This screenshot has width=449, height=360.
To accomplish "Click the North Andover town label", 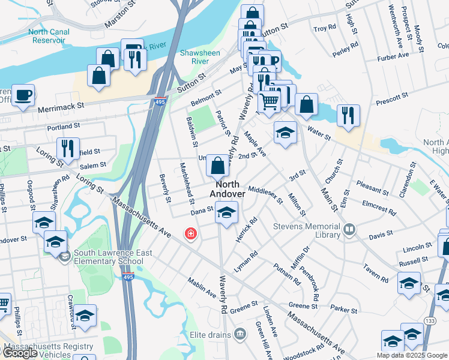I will (x=228, y=189).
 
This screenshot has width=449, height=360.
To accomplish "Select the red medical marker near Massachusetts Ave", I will (x=190, y=233).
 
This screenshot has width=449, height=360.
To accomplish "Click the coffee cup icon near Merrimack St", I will (x=23, y=95).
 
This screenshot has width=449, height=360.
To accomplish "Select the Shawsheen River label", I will (x=200, y=57).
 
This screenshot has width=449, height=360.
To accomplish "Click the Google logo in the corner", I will (x=20, y=353).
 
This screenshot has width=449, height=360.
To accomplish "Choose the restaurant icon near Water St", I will (x=348, y=115).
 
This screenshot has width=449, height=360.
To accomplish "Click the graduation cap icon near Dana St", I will (x=226, y=212).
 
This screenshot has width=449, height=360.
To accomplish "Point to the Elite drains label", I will (x=214, y=333).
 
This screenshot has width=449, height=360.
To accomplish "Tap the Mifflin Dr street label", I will (x=306, y=257).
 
